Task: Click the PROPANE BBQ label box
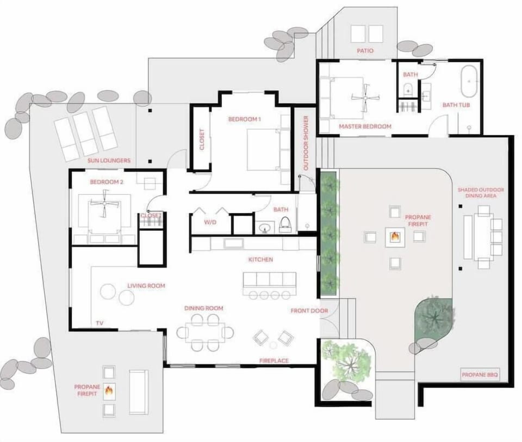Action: tap(480, 374)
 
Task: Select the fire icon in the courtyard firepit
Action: tap(395, 237)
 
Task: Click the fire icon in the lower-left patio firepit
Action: tap(109, 390)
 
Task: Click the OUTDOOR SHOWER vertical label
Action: tap(306, 143)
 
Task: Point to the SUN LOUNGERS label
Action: tap(109, 161)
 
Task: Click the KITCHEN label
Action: tap(260, 260)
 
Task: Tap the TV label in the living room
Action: tap(100, 323)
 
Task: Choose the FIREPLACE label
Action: tap(274, 361)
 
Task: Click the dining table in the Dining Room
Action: tap(205, 331)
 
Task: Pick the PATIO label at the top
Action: tap(365, 50)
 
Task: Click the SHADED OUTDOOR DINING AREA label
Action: tap(481, 193)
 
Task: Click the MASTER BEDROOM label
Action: tap(365, 127)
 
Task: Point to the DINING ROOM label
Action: tap(204, 308)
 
